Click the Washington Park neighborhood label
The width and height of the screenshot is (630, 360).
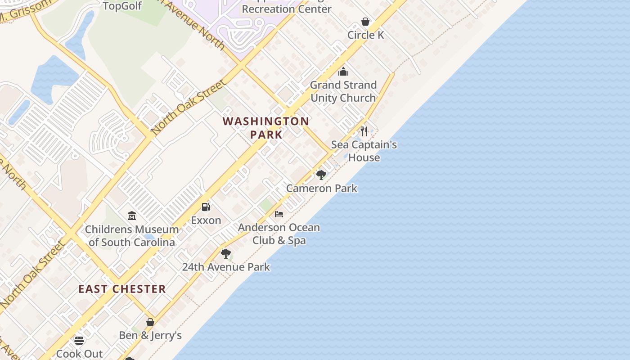click(266, 128)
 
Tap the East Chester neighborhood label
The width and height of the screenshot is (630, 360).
click(122, 289)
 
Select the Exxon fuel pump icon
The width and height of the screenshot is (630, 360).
click(206, 207)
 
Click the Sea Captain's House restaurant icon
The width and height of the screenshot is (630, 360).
click(364, 131)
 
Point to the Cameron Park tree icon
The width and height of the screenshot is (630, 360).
click(321, 175)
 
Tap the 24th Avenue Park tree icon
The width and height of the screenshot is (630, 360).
click(226, 254)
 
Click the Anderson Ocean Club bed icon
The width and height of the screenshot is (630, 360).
click(279, 214)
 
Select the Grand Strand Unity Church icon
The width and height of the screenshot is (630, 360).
click(343, 72)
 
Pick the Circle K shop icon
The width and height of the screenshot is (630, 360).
click(365, 22)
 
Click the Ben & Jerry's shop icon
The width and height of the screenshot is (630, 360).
click(150, 322)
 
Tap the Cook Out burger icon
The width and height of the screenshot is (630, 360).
click(79, 340)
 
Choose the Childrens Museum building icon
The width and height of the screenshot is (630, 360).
click(132, 216)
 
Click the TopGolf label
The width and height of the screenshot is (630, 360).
click(122, 6)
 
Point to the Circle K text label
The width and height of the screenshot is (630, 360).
click(365, 35)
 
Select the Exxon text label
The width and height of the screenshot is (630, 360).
click(206, 220)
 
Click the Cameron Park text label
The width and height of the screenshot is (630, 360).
click(322, 188)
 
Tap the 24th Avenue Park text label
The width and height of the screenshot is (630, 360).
click(226, 267)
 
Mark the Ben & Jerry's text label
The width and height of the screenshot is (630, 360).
click(150, 335)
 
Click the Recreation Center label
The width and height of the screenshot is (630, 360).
click(287, 9)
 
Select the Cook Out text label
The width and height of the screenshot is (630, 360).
click(79, 354)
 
